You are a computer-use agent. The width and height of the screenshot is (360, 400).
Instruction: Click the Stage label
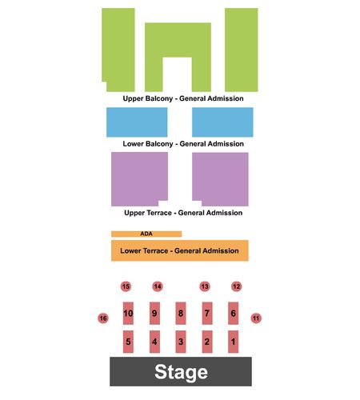tap(181, 372)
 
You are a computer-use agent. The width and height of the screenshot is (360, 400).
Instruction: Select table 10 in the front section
tap(128, 314)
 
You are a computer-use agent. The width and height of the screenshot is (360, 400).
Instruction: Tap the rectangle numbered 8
tap(181, 314)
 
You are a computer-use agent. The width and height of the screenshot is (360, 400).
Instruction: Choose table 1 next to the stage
tap(234, 342)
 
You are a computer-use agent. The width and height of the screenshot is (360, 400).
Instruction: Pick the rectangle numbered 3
tap(181, 342)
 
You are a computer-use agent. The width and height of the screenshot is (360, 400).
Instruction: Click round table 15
tap(126, 286)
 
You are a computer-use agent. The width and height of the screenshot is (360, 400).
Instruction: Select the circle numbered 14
tap(158, 286)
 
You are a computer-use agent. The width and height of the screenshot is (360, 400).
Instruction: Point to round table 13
tap(205, 286)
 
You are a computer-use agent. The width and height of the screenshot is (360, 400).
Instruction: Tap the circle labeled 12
tap(237, 286)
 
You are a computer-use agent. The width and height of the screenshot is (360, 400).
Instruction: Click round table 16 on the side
tap(103, 318)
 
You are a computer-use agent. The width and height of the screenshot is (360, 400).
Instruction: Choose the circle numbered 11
tap(256, 318)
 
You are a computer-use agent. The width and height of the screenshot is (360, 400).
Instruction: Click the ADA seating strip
tap(146, 234)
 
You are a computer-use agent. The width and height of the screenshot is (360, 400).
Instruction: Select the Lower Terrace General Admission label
tap(179, 250)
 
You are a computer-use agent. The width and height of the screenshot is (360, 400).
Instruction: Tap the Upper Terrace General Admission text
tap(183, 213)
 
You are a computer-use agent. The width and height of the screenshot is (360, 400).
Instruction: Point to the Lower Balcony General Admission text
tap(183, 144)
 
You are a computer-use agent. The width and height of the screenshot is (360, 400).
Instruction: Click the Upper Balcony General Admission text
tap(183, 98)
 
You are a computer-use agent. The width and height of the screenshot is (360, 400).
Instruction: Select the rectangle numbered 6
tap(234, 314)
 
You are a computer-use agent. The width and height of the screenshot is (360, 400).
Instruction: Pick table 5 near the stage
tap(128, 342)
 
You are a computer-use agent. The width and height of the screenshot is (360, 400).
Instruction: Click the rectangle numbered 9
tap(154, 314)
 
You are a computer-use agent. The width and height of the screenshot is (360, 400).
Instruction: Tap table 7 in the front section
tap(207, 314)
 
